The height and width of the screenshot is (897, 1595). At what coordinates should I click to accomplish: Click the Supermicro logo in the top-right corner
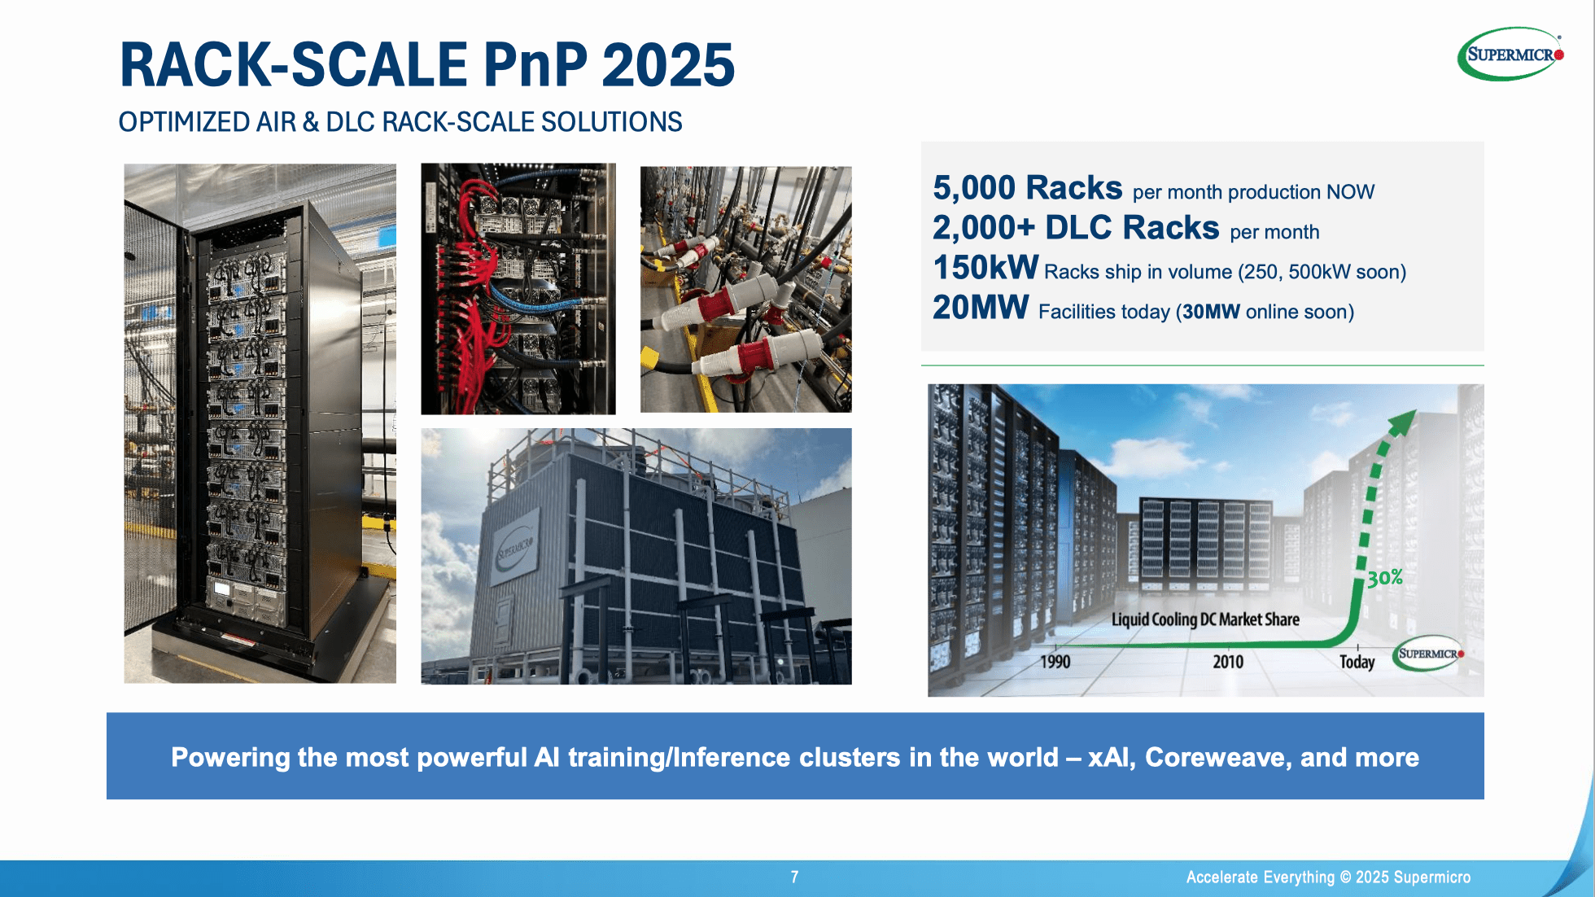tap(1510, 54)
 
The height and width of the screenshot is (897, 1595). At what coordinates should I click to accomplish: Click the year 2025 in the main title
tap(668, 65)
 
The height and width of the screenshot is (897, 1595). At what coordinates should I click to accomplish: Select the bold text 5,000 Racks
tap(1027, 188)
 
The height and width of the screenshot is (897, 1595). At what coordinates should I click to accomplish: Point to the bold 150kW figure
tap(985, 268)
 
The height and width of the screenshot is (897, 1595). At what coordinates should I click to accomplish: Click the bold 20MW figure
tap(981, 308)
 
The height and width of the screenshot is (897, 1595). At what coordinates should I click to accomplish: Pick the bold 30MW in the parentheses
tap(1211, 312)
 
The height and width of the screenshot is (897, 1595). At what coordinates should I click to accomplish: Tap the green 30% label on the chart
tap(1384, 578)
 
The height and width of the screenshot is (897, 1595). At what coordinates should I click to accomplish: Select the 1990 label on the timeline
tap(1055, 662)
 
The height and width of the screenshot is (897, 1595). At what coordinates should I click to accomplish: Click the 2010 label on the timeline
tap(1228, 662)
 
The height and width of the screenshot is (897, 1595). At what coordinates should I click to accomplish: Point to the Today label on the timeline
tap(1357, 662)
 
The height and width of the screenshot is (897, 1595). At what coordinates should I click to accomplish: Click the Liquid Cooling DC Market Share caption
tap(1205, 619)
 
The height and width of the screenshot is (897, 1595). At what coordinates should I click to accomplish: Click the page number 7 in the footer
tap(794, 877)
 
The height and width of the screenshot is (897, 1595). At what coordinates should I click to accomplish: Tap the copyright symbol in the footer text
tap(1345, 877)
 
